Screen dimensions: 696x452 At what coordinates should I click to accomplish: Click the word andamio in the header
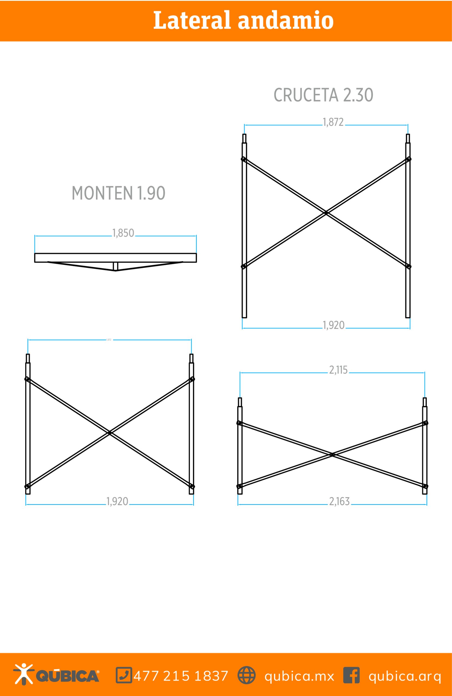pyautogui.click(x=286, y=20)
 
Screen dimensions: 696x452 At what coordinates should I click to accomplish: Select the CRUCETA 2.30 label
pyautogui.click(x=323, y=95)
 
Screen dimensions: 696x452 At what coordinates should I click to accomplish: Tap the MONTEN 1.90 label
pyautogui.click(x=119, y=193)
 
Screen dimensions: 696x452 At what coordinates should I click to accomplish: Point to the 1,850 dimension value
pyautogui.click(x=123, y=233)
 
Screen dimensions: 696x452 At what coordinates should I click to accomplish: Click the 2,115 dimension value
pyautogui.click(x=338, y=370)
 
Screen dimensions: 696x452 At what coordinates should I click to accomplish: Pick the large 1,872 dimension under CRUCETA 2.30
pyautogui.click(x=333, y=122)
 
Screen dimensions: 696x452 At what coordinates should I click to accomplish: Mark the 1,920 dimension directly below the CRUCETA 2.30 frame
pyautogui.click(x=333, y=325)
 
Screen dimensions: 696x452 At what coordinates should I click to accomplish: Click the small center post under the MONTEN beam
pyautogui.click(x=115, y=266)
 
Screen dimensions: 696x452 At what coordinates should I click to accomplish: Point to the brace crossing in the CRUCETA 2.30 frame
pyautogui.click(x=326, y=213)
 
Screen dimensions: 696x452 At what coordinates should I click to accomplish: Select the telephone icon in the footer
pyautogui.click(x=124, y=675)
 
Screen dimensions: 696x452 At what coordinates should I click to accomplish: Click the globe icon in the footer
pyautogui.click(x=246, y=675)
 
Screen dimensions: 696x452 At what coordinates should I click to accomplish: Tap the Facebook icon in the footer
pyautogui.click(x=351, y=675)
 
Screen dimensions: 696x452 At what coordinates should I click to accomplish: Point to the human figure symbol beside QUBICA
pyautogui.click(x=23, y=674)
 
